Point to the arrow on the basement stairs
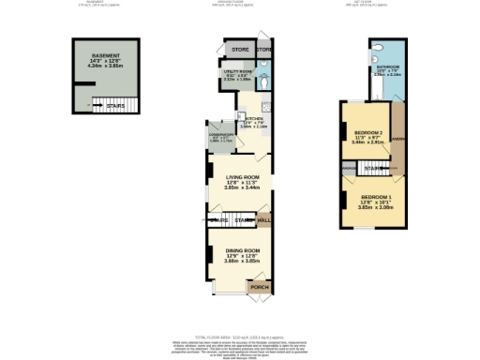coord(98,106)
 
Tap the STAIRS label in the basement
coord(115,106)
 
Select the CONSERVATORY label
coord(221,136)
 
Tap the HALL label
coord(264,221)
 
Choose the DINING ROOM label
coord(239,250)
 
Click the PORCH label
coord(260,287)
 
